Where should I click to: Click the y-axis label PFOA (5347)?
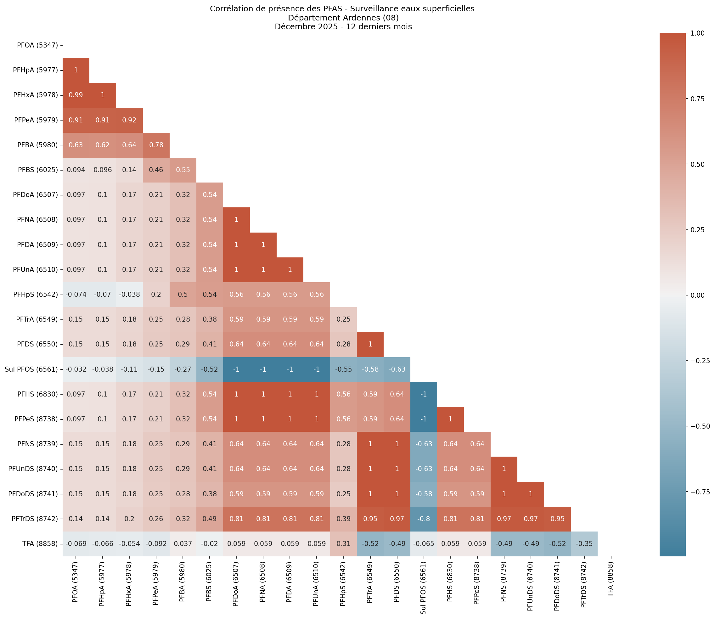(x=37, y=45)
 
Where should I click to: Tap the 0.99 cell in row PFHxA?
(x=76, y=95)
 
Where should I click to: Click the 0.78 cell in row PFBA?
(x=156, y=145)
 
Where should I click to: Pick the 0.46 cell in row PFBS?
(x=156, y=170)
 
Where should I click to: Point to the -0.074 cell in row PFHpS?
(x=76, y=295)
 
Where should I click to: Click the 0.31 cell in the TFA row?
(x=343, y=544)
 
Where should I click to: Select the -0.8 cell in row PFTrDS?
(x=424, y=519)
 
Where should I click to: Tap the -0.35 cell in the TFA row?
(x=584, y=544)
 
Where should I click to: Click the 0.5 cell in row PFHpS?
(x=183, y=295)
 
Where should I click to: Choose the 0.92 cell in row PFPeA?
(x=129, y=120)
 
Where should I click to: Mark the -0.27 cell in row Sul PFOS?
(x=183, y=369)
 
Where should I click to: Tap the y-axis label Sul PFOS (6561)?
(x=31, y=369)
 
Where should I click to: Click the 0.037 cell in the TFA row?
(x=183, y=544)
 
